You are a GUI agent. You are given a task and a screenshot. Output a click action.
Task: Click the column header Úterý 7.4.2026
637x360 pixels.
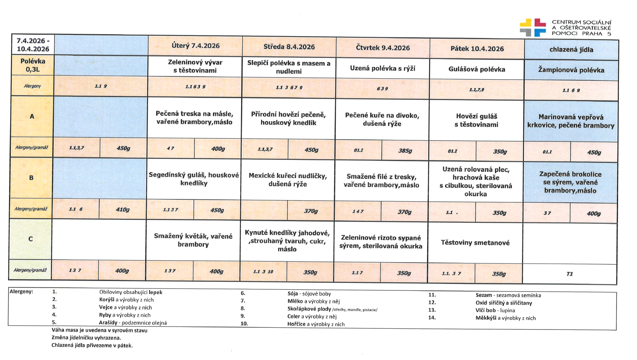(x=195, y=46)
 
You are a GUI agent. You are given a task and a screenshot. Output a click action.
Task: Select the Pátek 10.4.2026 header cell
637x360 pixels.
(x=477, y=49)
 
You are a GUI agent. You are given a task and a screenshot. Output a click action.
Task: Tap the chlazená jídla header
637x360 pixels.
(x=571, y=50)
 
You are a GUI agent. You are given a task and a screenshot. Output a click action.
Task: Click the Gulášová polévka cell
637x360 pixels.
(x=476, y=69)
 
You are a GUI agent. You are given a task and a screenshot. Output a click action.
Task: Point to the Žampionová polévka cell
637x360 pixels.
(x=571, y=70)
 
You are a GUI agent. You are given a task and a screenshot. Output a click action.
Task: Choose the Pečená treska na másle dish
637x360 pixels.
(x=194, y=118)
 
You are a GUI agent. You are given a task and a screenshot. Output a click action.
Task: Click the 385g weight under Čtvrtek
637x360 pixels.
(x=405, y=150)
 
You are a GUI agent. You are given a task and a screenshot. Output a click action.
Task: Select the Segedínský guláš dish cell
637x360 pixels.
(x=194, y=179)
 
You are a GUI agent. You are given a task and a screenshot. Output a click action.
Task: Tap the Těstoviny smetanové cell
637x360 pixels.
(x=475, y=243)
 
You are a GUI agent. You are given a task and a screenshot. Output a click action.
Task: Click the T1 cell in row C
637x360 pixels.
(x=569, y=274)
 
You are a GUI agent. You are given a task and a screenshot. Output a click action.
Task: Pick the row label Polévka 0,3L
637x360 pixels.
(x=33, y=65)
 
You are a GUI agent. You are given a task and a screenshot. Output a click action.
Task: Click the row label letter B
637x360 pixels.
(x=31, y=178)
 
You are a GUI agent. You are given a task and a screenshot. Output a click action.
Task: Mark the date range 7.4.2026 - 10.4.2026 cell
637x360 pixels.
(x=33, y=45)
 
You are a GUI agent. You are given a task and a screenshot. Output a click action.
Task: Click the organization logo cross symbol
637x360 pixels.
(x=532, y=27)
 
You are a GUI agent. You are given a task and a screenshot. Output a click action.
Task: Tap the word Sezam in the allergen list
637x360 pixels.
(x=484, y=295)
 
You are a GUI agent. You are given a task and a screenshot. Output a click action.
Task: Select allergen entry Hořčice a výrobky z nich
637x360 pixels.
(x=315, y=324)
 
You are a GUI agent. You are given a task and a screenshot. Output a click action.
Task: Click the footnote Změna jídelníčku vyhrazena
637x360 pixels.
(x=86, y=338)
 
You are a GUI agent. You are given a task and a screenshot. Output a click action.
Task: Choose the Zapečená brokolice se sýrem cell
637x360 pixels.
(x=570, y=182)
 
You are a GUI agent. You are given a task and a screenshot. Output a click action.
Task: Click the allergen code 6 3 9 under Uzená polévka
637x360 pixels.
(x=382, y=89)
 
